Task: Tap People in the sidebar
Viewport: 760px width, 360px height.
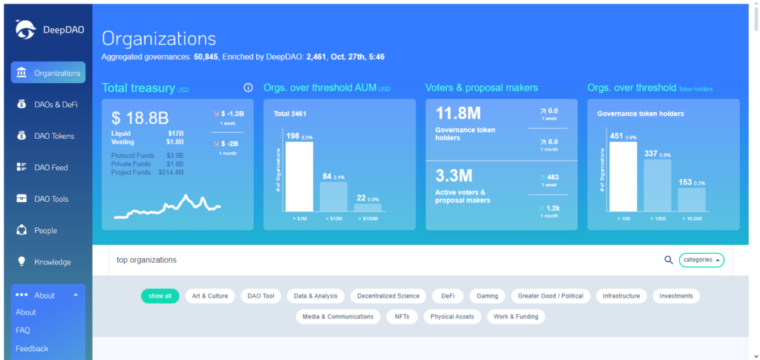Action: coord(45,231)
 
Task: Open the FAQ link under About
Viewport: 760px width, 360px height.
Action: coord(23,330)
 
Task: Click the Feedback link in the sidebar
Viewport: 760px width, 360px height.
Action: coord(32,349)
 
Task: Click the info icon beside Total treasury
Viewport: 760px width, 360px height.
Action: coord(248,88)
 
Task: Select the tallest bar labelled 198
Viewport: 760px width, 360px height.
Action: coord(299,176)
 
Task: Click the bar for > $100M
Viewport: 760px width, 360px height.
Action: coord(367,207)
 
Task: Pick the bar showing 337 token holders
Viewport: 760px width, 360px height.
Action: coord(657,185)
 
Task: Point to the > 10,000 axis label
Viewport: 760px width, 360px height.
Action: coord(691,220)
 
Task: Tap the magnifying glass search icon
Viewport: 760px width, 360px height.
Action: coord(668,260)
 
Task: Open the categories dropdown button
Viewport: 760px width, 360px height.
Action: coord(701,260)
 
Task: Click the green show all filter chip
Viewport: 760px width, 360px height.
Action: coord(160,295)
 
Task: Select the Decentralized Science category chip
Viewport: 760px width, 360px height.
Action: coord(388,295)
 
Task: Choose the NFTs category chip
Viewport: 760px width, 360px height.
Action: coord(402,316)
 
